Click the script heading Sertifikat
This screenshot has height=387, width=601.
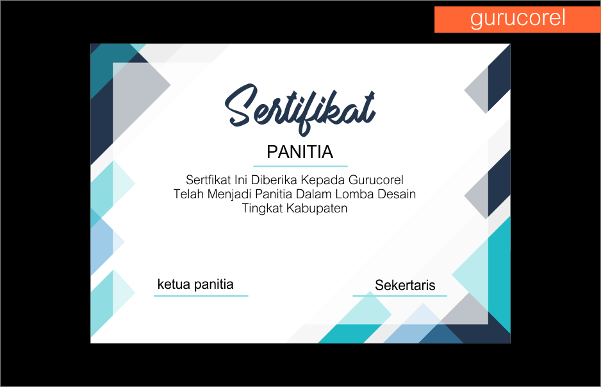[300, 109]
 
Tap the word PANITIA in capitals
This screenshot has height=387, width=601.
[300, 151]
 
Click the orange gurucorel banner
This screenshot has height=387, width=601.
[518, 19]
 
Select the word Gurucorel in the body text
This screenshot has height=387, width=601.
[376, 180]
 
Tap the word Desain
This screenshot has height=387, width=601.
[397, 194]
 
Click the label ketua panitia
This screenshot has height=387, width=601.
[195, 284]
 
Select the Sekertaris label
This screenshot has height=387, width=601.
[405, 285]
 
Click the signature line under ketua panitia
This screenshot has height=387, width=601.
[201, 296]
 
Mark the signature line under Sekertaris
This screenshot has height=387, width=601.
[400, 296]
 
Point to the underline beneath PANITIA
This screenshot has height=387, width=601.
[300, 166]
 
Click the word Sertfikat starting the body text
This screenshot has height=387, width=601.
[208, 180]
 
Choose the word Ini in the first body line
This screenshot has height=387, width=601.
[241, 180]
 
